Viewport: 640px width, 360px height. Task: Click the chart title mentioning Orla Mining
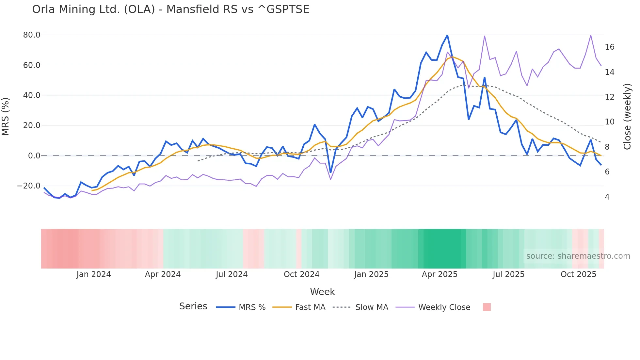pyautogui.click(x=170, y=9)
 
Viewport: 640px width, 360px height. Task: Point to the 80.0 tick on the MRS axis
pyautogui.click(x=32, y=35)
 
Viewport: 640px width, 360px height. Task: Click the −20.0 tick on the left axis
pyautogui.click(x=29, y=186)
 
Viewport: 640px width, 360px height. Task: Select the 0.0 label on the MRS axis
pyautogui.click(x=34, y=156)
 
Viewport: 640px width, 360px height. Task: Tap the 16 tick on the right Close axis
pyautogui.click(x=609, y=47)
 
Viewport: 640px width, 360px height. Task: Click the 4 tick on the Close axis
pyautogui.click(x=607, y=197)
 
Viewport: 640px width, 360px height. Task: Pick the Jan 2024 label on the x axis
pyautogui.click(x=94, y=274)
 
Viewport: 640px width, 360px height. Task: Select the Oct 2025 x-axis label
pyautogui.click(x=578, y=274)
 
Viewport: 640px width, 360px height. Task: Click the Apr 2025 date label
pyautogui.click(x=440, y=274)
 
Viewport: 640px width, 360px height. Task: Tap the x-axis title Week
pyautogui.click(x=322, y=292)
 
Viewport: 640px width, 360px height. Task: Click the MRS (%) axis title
pyautogui.click(x=6, y=117)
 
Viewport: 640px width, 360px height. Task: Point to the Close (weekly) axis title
pyautogui.click(x=627, y=117)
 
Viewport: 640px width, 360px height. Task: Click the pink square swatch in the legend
pyautogui.click(x=487, y=307)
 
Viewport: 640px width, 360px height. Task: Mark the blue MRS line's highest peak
pyautogui.click(x=447, y=35)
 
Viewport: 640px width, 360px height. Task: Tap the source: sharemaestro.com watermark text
pyautogui.click(x=578, y=256)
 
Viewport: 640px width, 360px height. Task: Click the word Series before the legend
pyautogui.click(x=193, y=306)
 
